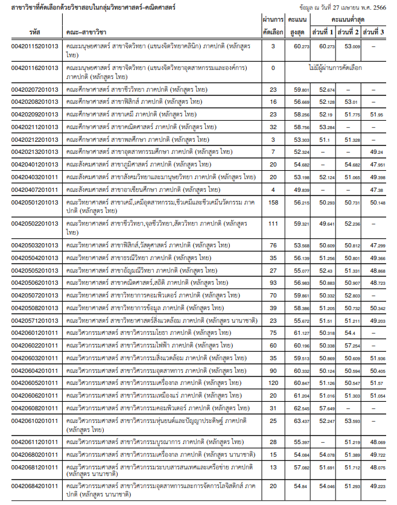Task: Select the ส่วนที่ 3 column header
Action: pyautogui.click(x=377, y=31)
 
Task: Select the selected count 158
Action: pyautogui.click(x=273, y=203)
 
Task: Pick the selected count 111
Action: pyautogui.click(x=273, y=224)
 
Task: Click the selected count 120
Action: pyautogui.click(x=273, y=383)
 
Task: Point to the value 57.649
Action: pyautogui.click(x=327, y=408)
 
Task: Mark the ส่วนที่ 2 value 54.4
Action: pyautogui.click(x=350, y=332)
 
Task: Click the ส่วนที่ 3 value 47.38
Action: pyautogui.click(x=377, y=189)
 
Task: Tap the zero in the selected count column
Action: pyautogui.click(x=273, y=68)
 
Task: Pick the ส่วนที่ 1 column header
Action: pyautogui.click(x=326, y=31)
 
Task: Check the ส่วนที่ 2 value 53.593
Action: pyautogui.click(x=352, y=421)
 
